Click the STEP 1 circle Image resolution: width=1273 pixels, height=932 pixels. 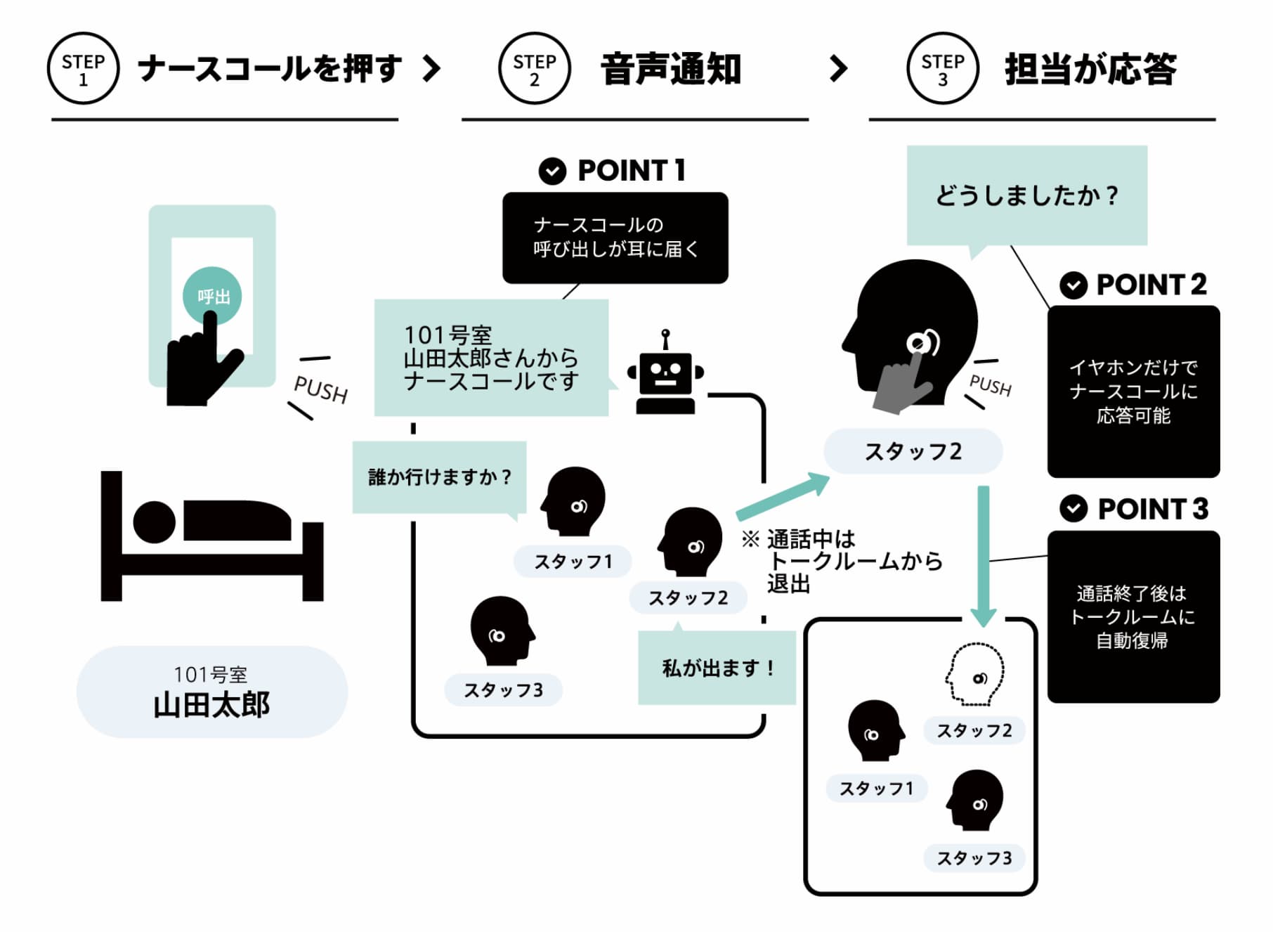(83, 69)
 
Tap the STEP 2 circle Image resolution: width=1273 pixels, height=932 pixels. (534, 69)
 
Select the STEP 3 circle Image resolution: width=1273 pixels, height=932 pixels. (942, 69)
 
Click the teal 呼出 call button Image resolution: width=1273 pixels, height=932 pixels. (211, 296)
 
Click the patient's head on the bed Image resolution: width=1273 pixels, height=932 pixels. (154, 522)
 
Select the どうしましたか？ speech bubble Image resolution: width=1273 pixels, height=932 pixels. (1026, 195)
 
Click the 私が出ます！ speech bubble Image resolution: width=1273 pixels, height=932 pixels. (717, 667)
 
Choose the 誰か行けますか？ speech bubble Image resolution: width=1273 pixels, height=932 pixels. (439, 477)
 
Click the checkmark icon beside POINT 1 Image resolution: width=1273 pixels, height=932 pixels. (552, 171)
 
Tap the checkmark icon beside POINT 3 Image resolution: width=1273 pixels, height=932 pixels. (1073, 508)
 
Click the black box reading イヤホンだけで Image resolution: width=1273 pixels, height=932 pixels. (1132, 391)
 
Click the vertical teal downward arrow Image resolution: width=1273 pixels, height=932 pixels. (983, 555)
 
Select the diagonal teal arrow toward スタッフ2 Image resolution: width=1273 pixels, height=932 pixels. (783, 496)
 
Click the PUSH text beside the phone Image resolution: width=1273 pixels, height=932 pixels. (320, 389)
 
